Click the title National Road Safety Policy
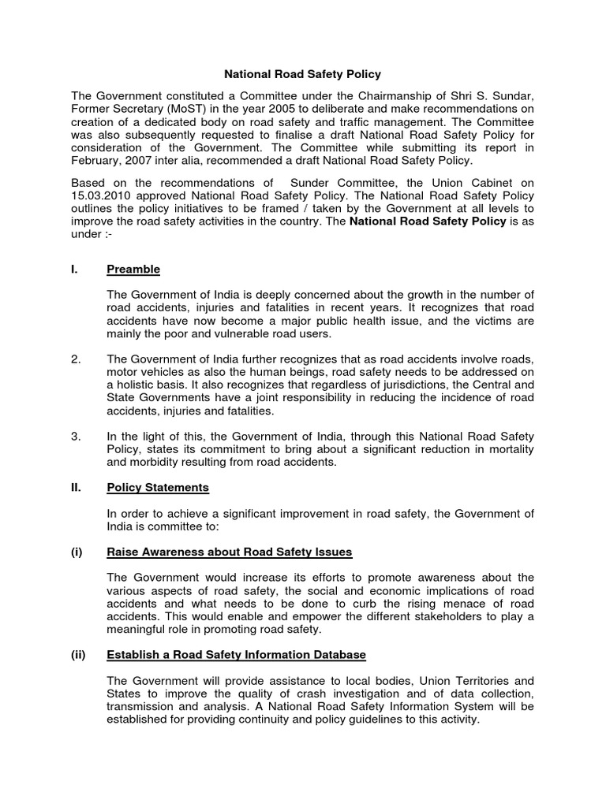[303, 74]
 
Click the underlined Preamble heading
[133, 270]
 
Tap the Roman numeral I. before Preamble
[74, 270]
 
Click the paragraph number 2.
[76, 359]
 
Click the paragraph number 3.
[76, 436]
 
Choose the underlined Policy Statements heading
[158, 488]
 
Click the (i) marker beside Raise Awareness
[77, 552]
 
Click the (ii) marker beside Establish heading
[78, 655]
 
